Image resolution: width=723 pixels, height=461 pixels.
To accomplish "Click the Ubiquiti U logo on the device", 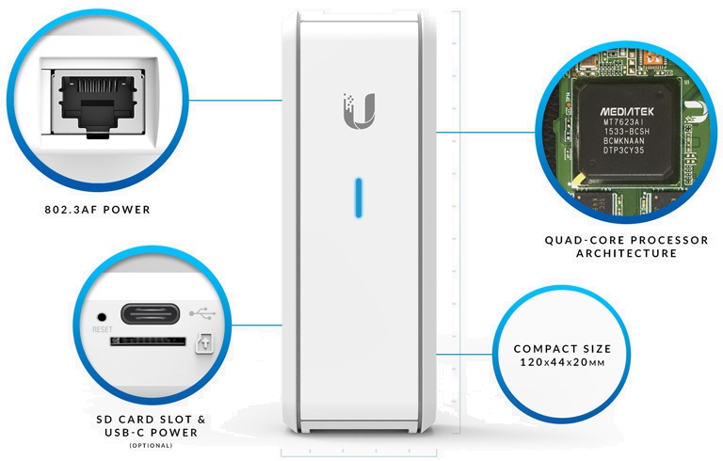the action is (360, 111).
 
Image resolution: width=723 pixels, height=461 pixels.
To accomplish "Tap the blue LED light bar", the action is (359, 198).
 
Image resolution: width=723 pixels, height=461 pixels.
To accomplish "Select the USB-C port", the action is (150, 314).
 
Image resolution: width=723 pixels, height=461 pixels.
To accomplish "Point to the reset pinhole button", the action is (102, 317).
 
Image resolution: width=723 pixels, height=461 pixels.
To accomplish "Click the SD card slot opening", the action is (148, 342).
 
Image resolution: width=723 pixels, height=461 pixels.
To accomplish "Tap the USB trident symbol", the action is (202, 314).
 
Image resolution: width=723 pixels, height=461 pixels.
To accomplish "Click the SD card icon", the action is (204, 342).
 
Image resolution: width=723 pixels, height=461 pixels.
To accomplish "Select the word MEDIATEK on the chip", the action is (627, 112).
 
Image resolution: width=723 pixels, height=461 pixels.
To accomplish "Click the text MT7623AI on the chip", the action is (624, 122).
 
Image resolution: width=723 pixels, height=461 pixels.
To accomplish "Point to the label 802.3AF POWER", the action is (98, 210).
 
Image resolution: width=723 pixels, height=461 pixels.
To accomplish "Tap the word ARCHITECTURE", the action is (627, 253).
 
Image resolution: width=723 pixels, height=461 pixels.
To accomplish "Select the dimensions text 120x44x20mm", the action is (562, 362).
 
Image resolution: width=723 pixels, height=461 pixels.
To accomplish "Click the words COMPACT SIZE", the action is (562, 349).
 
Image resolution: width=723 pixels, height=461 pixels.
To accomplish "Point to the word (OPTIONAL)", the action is (151, 445).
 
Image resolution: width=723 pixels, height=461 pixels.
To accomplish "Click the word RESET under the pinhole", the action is (102, 329).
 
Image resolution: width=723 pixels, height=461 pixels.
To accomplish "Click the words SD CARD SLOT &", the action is (151, 420).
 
